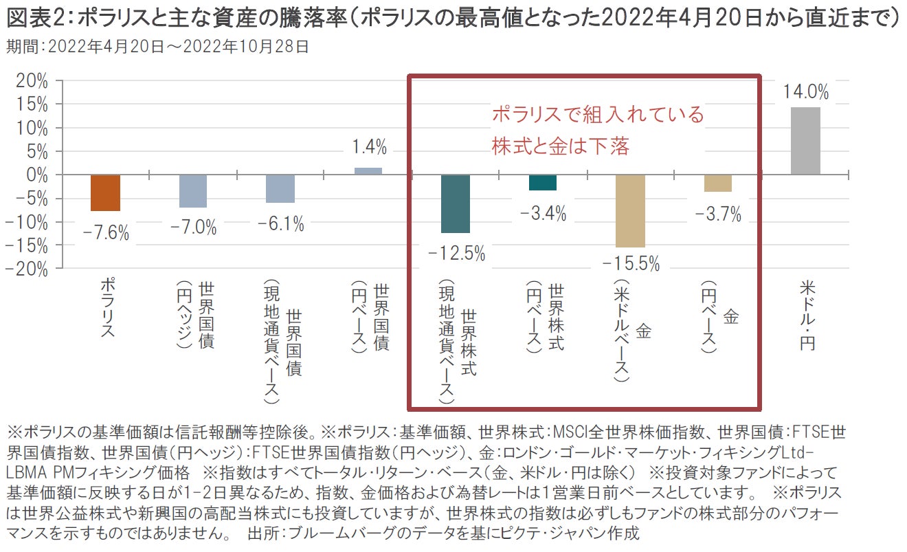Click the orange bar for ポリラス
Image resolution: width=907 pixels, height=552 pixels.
pyautogui.click(x=106, y=192)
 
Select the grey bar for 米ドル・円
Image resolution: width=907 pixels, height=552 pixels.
pyautogui.click(x=805, y=141)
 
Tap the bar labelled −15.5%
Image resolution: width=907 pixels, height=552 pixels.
pyautogui.click(x=630, y=210)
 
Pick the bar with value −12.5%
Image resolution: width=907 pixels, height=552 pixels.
pyautogui.click(x=456, y=203)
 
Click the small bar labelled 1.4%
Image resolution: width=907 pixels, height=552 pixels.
pyautogui.click(x=368, y=171)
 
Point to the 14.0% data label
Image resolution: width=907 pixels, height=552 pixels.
pyautogui.click(x=805, y=91)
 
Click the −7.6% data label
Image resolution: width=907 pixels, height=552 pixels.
pyautogui.click(x=106, y=232)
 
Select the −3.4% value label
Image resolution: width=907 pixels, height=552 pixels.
pyautogui.click(x=543, y=214)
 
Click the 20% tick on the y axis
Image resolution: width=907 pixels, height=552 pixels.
pyautogui.click(x=33, y=81)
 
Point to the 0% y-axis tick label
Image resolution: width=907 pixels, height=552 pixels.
pyautogui.click(x=38, y=175)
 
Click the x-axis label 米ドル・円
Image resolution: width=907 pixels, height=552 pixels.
pyautogui.click(x=807, y=315)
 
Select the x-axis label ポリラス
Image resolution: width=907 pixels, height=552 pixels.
pyautogui.click(x=107, y=307)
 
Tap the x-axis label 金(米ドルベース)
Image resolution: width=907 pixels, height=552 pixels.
pyautogui.click(x=631, y=331)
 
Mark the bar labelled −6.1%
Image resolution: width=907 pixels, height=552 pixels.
pyautogui.click(x=281, y=189)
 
